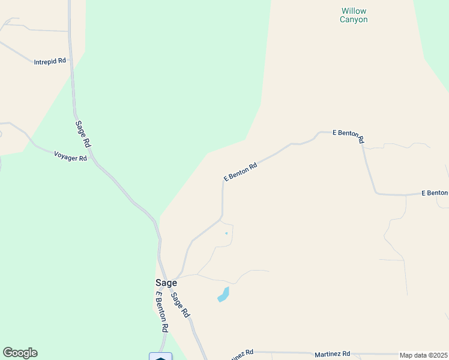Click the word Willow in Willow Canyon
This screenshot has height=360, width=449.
[354, 11]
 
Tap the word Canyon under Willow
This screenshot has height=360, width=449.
[354, 20]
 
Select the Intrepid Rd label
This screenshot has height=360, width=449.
[50, 62]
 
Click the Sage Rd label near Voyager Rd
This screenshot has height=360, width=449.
[83, 134]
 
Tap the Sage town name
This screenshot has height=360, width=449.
[166, 283]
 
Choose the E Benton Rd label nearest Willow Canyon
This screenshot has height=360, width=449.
[349, 136]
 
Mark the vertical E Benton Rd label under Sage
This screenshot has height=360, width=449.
[161, 312]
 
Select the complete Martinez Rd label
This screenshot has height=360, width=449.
[333, 355]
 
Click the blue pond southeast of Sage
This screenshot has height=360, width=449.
[223, 295]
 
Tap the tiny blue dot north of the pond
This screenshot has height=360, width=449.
[226, 233]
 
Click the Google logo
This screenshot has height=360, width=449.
[20, 353]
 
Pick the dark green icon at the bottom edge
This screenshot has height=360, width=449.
[160, 356]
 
